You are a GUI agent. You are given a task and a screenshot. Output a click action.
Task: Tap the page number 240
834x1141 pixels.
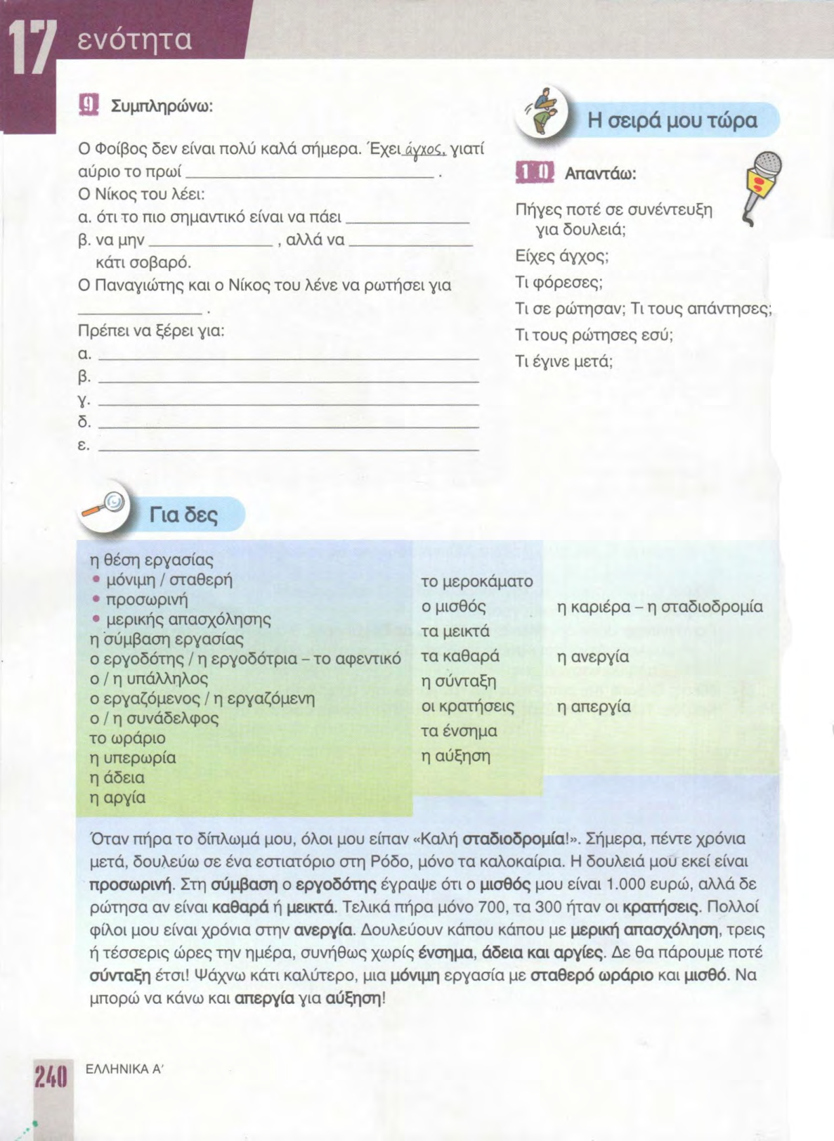(51, 1076)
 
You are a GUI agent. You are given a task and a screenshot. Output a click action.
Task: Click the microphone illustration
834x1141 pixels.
(763, 186)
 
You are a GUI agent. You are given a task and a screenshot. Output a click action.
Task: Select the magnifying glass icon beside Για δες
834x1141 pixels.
(103, 505)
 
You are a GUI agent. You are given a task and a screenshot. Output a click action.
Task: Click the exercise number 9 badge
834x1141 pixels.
(89, 105)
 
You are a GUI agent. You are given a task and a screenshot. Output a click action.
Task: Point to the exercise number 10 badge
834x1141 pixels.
(535, 173)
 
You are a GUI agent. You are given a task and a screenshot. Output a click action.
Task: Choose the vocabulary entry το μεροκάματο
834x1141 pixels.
(476, 581)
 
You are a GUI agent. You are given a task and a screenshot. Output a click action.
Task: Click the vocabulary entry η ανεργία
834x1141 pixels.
(592, 657)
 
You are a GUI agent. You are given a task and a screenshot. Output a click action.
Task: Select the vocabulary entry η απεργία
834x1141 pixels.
(594, 706)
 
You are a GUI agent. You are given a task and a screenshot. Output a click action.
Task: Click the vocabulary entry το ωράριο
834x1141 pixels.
(127, 738)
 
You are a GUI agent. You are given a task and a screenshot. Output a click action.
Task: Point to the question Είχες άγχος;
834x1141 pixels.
(561, 256)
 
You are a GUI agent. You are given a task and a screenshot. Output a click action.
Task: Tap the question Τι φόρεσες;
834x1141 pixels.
(559, 283)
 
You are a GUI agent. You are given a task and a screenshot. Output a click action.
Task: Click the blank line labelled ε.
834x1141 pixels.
(288, 446)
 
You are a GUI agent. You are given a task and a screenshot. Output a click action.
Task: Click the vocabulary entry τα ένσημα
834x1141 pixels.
(459, 731)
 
